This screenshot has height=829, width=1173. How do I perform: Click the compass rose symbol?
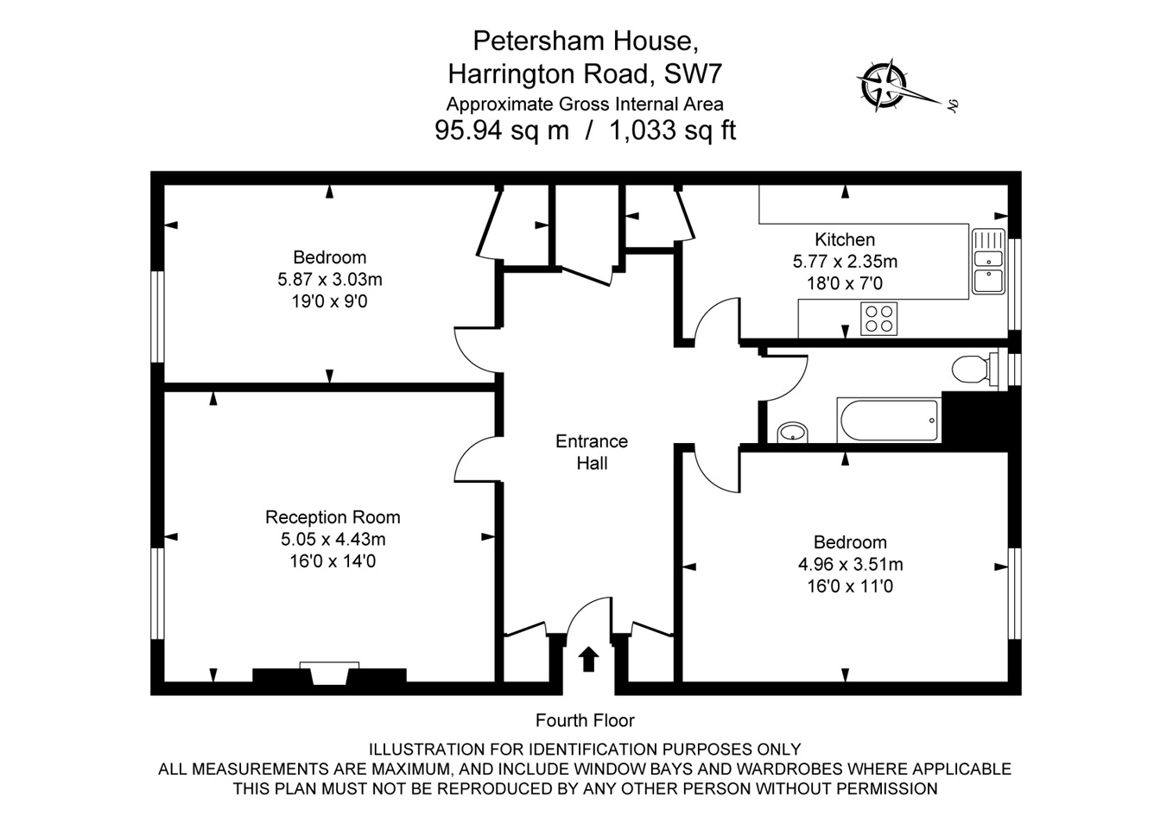(883, 86)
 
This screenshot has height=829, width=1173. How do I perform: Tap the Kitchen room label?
(844, 239)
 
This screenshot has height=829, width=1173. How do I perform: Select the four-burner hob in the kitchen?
(879, 319)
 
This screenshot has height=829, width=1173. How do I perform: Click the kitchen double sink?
(988, 261)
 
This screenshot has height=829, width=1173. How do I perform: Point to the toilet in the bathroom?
(973, 370)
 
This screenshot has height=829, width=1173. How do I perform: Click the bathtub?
(888, 421)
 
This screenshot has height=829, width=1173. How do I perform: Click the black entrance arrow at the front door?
(588, 659)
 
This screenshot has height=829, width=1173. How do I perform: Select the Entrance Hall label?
(592, 452)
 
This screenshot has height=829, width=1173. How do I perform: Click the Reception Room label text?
(333, 517)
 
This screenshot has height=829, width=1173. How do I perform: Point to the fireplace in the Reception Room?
(328, 674)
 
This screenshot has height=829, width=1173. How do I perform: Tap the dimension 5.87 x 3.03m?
(329, 280)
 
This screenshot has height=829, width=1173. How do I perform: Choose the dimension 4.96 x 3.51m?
(850, 565)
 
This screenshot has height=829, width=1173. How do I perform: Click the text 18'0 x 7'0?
(844, 283)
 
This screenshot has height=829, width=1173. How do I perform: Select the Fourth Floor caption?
(585, 720)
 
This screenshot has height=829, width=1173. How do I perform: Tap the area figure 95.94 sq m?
(501, 130)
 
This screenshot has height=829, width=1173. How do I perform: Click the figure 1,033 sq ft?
(672, 130)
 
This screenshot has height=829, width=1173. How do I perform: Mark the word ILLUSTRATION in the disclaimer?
(426, 750)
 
